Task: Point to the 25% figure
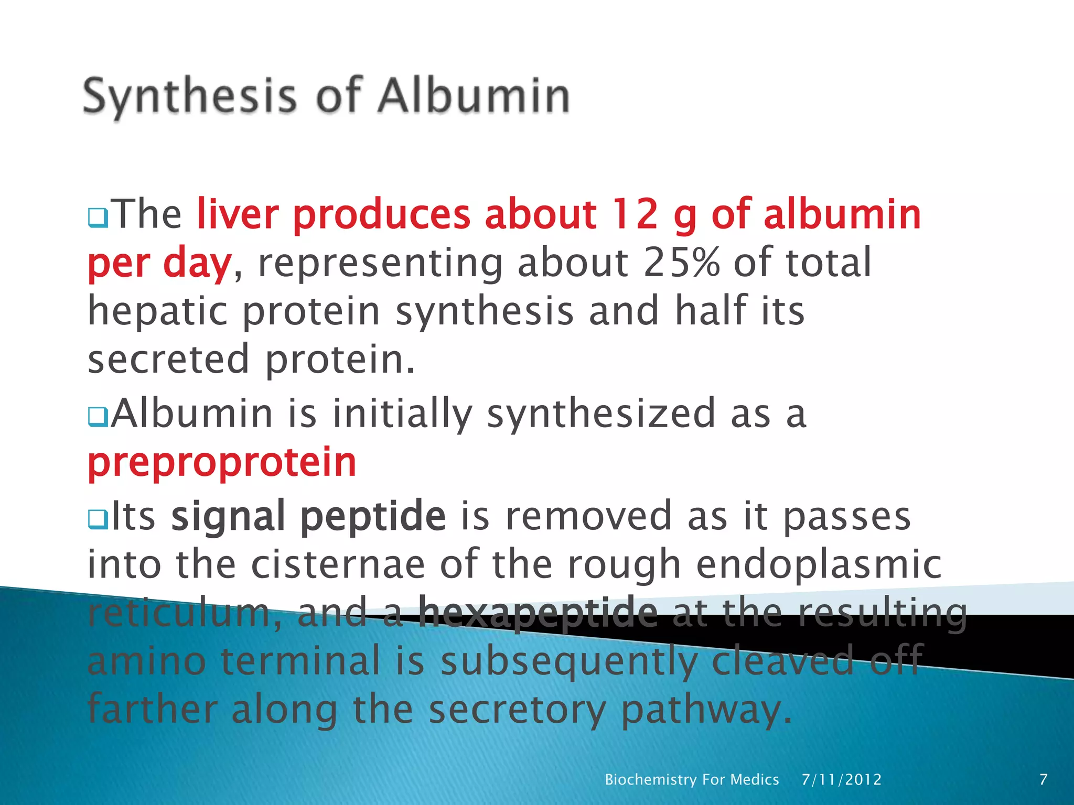(681, 263)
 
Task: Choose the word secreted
(168, 360)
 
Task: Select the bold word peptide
(373, 516)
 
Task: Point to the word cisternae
(338, 564)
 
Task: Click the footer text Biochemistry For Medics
(692, 779)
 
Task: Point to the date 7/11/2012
(842, 779)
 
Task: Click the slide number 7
(1043, 779)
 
